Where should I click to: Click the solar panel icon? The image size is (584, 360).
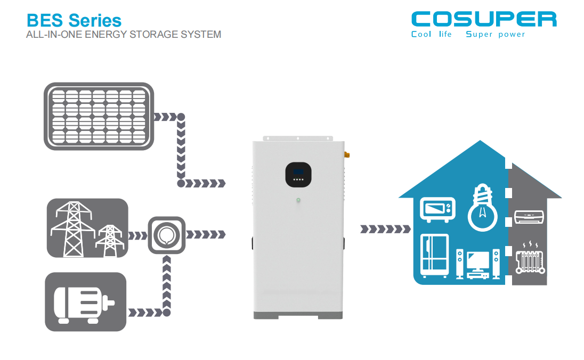coord(99,116)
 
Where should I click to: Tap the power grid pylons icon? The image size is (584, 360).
coord(87,228)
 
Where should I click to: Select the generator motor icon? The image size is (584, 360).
coord(85,302)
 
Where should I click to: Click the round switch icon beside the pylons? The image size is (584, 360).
coord(167,234)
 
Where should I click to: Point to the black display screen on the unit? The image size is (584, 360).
coord(299,174)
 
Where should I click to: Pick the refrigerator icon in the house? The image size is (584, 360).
coord(434,255)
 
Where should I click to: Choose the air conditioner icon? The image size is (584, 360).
coord(529,217)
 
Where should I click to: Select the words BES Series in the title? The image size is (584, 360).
coord(74,20)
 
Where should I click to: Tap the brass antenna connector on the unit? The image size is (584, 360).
coord(346,155)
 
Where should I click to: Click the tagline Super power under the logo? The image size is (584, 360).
coord(495,35)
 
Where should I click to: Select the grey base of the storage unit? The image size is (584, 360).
coord(299,314)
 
